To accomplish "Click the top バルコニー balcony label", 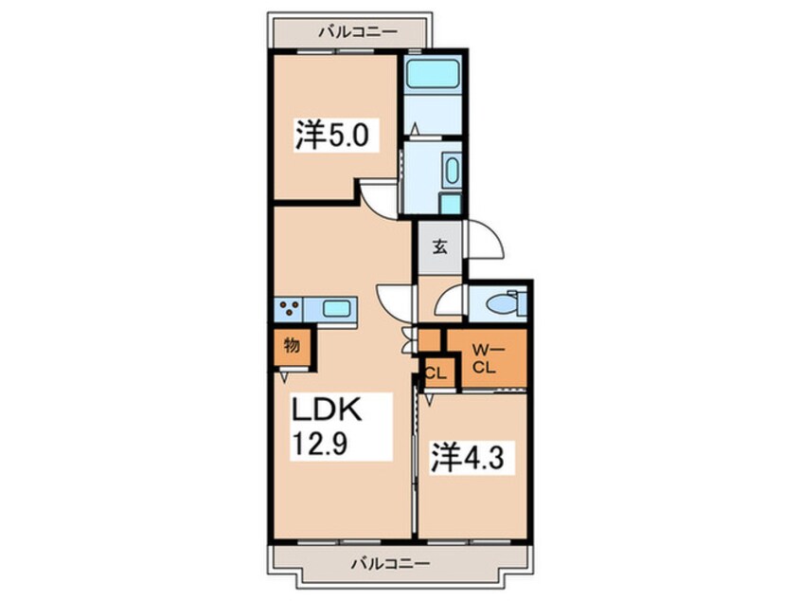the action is click(358, 32).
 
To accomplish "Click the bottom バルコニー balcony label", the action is click(390, 564).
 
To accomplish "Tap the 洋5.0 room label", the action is click(332, 135).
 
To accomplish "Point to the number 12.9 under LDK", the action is click(319, 442).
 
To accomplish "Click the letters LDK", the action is click(326, 409).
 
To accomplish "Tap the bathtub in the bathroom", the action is click(433, 74).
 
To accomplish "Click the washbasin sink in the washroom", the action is click(452, 171).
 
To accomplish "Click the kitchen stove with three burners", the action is click(289, 308).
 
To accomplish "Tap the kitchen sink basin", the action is click(336, 308).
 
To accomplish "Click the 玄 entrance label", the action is click(440, 247).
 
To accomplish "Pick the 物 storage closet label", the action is click(292, 345).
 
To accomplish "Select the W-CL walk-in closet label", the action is click(488, 359).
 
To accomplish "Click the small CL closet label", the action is click(436, 373).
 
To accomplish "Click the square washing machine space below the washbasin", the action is click(451, 204).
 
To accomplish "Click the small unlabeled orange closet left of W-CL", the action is click(430, 341).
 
